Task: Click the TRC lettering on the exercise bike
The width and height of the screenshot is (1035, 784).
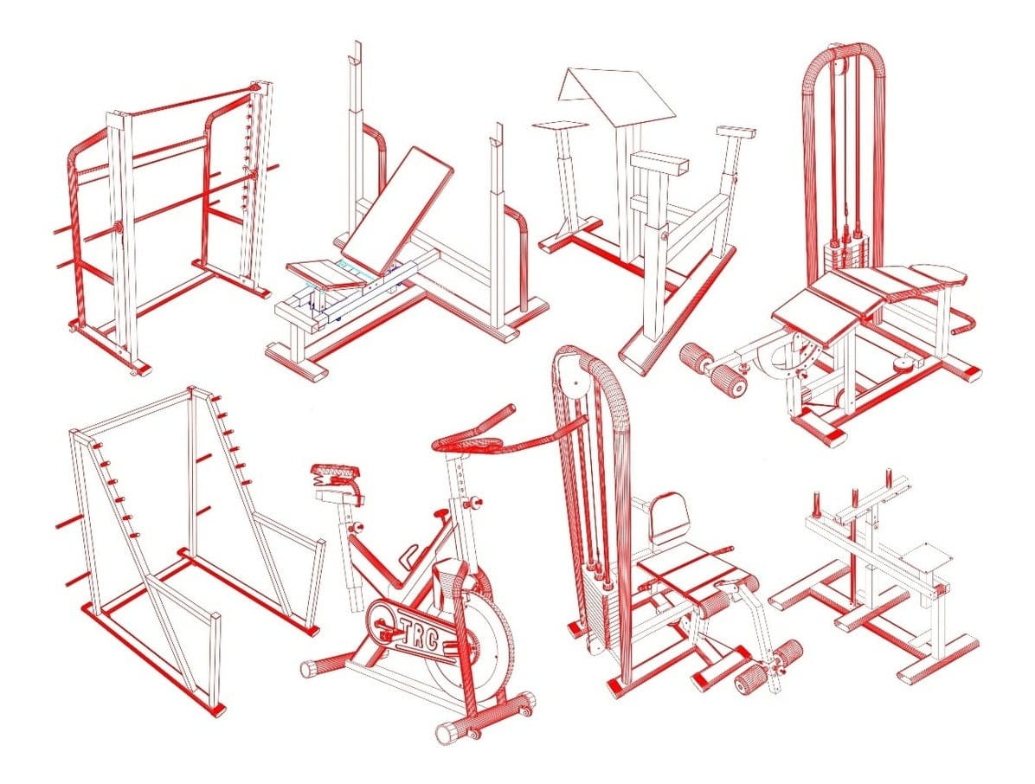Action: [x=417, y=630]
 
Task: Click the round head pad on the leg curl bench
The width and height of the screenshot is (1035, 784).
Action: [x=938, y=273]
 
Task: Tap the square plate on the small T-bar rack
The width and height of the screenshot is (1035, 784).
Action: [x=927, y=557]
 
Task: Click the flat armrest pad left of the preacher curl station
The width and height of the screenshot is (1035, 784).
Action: [x=560, y=125]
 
